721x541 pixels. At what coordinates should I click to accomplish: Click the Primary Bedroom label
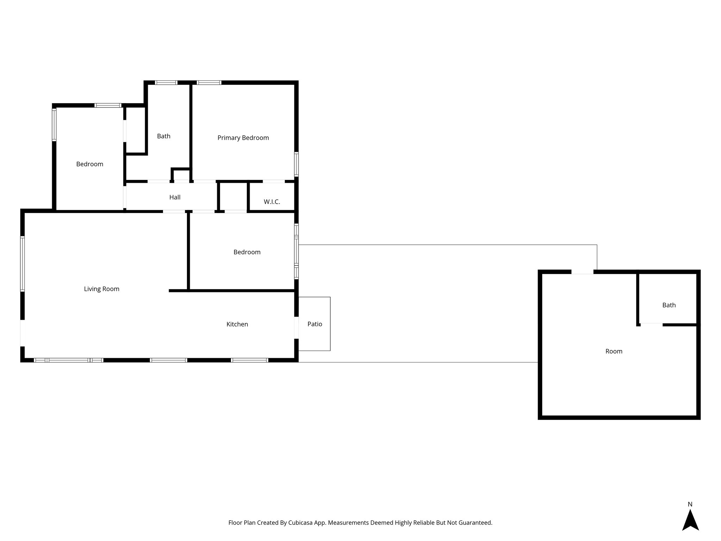pyautogui.click(x=243, y=138)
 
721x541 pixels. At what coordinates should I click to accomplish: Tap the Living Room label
pyautogui.click(x=101, y=289)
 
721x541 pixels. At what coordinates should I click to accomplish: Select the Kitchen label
pyautogui.click(x=237, y=324)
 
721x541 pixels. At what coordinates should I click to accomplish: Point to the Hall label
pyautogui.click(x=175, y=197)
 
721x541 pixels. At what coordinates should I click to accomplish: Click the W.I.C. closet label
pyautogui.click(x=272, y=202)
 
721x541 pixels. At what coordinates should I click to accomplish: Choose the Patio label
pyautogui.click(x=314, y=324)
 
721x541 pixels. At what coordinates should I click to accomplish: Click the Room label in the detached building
pyautogui.click(x=614, y=351)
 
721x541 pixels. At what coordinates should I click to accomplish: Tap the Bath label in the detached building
pyautogui.click(x=669, y=305)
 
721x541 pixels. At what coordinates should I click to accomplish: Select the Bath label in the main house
pyautogui.click(x=163, y=136)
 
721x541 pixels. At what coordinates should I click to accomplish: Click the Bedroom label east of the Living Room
pyautogui.click(x=247, y=252)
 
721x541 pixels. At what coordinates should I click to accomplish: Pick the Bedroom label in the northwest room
pyautogui.click(x=89, y=164)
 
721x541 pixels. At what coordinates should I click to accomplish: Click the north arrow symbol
pyautogui.click(x=690, y=520)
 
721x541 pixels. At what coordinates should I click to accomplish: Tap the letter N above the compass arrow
pyautogui.click(x=690, y=504)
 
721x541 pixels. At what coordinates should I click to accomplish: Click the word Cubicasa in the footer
pyautogui.click(x=301, y=523)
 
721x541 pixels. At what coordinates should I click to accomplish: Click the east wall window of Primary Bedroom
pyautogui.click(x=296, y=164)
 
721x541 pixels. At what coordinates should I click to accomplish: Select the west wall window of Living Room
pyautogui.click(x=23, y=264)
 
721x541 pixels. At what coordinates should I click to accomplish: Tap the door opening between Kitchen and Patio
pyautogui.click(x=296, y=328)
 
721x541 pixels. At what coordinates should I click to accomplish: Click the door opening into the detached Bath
pyautogui.click(x=651, y=325)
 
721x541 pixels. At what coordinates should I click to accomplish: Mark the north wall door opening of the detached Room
pyautogui.click(x=582, y=272)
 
